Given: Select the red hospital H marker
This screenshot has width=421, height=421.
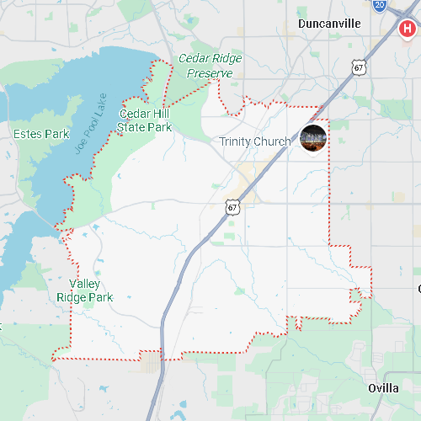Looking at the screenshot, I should click(408, 29).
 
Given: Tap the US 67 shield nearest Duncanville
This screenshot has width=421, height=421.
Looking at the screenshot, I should click(360, 67).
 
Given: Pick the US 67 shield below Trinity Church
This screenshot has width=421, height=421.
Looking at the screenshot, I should click(233, 205).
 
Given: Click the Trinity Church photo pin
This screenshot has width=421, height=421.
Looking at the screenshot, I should click(312, 137).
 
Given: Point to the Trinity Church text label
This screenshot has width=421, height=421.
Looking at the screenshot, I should click(254, 141).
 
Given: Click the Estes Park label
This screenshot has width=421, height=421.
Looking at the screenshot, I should click(40, 134).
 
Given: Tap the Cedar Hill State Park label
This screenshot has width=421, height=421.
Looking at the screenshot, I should click(145, 120).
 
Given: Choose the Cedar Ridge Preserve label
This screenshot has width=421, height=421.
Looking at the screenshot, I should click(209, 66).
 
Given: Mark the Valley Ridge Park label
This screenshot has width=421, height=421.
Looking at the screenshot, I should click(84, 290).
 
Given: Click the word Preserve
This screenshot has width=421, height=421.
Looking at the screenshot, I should click(209, 73).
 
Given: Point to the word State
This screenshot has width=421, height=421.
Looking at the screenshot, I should click(131, 127).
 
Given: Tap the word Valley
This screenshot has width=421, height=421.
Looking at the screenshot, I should click(85, 284).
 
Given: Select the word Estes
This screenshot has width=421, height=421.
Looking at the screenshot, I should click(28, 134).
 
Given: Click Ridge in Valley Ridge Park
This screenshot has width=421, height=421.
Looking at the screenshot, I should click(72, 296).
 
